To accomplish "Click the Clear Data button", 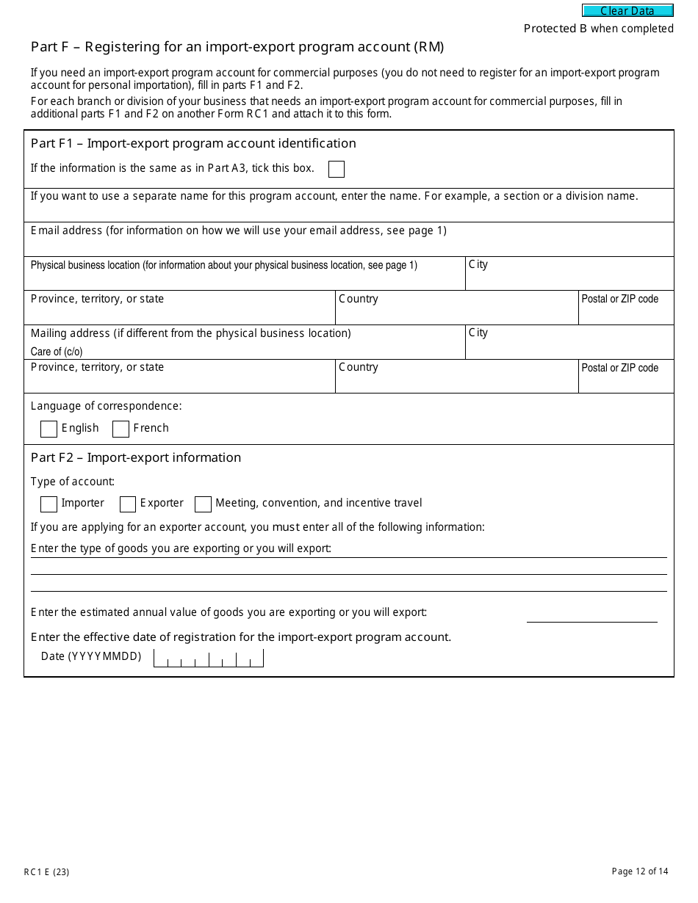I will click(627, 11).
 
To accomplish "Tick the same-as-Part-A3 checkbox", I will click(337, 170).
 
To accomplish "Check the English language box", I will click(48, 429).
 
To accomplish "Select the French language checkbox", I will click(121, 429).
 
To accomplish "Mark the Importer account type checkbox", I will click(48, 504).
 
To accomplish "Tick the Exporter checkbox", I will click(128, 504).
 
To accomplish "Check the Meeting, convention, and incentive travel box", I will click(203, 504).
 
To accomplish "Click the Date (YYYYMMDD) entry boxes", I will click(209, 658).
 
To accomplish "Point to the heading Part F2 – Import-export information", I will click(136, 457).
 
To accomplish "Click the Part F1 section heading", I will click(193, 143).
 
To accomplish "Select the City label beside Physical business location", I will click(478, 264).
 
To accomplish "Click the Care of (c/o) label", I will click(57, 352).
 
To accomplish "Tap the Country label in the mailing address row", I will click(359, 367).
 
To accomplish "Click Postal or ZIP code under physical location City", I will click(619, 299).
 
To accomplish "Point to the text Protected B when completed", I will click(598, 29).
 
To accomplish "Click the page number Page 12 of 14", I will click(640, 871).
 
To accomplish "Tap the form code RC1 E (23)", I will click(47, 872).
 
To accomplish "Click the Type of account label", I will click(73, 482).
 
